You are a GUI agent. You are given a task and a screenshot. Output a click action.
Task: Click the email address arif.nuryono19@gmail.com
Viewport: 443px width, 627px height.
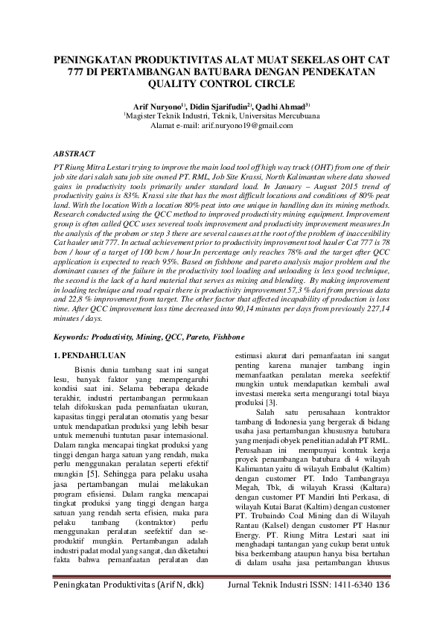(x=243, y=126)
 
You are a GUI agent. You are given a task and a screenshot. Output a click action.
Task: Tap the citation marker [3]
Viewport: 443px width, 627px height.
(x=274, y=402)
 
